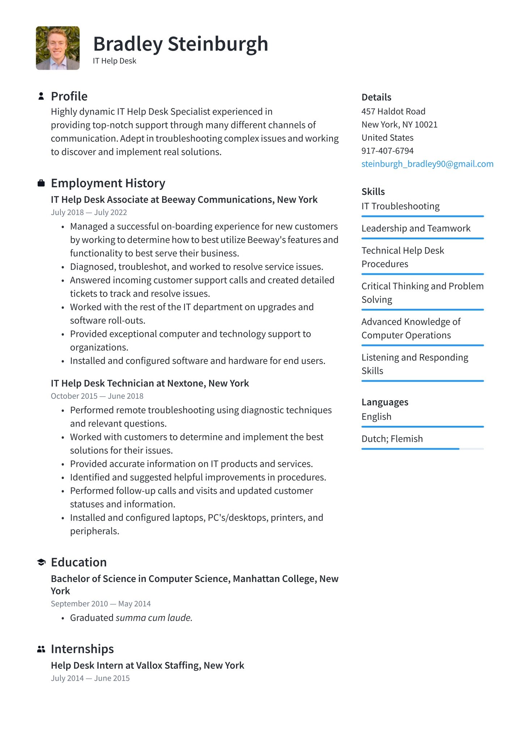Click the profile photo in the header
click(58, 48)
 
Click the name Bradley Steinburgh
click(181, 44)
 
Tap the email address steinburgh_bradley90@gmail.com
click(427, 164)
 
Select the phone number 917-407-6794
click(387, 151)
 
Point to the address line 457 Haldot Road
click(393, 111)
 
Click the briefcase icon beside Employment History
click(41, 183)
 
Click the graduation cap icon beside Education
click(41, 562)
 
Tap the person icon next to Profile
click(41, 96)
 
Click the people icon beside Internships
click(41, 649)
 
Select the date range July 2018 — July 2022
click(89, 213)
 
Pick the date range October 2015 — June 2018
click(97, 396)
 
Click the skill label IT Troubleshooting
click(401, 206)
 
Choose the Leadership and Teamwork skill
click(416, 228)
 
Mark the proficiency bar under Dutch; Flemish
click(422, 449)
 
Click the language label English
click(376, 417)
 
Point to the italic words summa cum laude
click(154, 618)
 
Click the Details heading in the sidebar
click(376, 97)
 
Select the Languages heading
click(385, 402)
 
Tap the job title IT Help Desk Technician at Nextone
click(150, 383)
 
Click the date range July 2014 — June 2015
click(90, 679)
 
